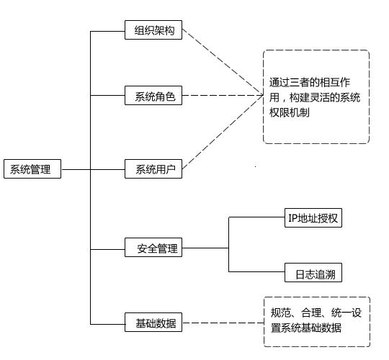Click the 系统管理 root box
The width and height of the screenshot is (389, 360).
(x=32, y=169)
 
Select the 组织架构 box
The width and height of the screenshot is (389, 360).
(x=153, y=30)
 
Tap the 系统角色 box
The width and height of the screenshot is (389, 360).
(x=153, y=96)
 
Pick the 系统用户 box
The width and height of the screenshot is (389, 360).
(x=153, y=169)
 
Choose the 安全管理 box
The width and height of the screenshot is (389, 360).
(x=153, y=247)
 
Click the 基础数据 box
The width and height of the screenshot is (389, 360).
(x=153, y=322)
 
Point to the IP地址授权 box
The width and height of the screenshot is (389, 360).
(x=313, y=218)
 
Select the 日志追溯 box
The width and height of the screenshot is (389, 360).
(x=313, y=272)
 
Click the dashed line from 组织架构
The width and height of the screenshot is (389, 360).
(x=223, y=62)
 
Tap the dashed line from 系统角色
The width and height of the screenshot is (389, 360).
(x=223, y=95)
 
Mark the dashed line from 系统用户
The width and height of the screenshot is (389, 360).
(x=223, y=132)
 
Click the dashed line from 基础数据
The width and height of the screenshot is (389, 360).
(x=223, y=323)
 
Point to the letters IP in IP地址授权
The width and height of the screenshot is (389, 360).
(x=292, y=218)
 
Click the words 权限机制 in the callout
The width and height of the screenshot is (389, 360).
(x=290, y=113)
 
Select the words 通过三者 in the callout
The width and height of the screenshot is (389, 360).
(x=290, y=83)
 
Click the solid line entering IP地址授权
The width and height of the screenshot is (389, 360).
(x=256, y=217)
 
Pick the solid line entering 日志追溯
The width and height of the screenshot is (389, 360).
(x=256, y=271)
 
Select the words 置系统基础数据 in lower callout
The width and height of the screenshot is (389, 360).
(x=306, y=328)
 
